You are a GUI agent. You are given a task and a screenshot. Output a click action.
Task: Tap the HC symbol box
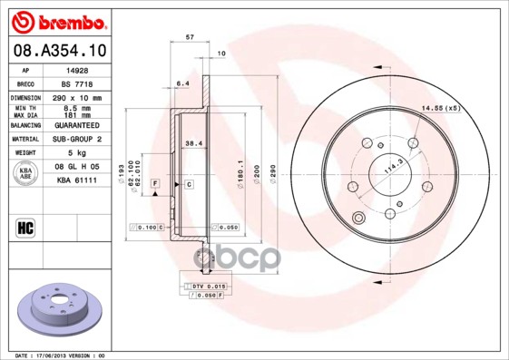pos(25,227)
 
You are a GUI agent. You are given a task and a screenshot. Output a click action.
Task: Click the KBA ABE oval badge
pos(27,175)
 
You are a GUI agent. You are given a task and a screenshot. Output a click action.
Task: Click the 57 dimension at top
pos(189,38)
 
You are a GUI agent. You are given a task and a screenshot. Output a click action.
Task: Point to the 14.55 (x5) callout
pos(440,109)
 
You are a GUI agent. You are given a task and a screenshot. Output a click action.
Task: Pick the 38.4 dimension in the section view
pos(193,143)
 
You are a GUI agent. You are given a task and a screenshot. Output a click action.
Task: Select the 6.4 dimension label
pos(182,83)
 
